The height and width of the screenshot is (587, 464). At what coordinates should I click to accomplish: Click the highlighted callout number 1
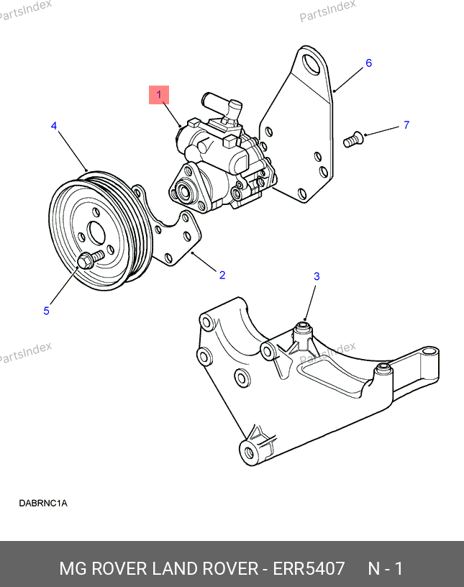[x=159, y=95]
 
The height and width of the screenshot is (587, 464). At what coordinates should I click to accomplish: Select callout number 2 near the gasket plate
[x=222, y=275]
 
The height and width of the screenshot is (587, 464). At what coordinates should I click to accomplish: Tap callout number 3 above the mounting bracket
[x=317, y=276]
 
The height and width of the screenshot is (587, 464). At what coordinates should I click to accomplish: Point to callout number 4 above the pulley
[x=54, y=126]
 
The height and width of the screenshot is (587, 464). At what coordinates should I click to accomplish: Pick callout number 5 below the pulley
[x=47, y=311]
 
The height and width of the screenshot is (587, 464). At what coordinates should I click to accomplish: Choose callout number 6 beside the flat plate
[x=368, y=63]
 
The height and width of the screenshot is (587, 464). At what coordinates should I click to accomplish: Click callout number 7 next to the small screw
[x=406, y=125]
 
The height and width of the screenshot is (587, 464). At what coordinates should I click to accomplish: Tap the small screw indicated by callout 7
[x=352, y=138]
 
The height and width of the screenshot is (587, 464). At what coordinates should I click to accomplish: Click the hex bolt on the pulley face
[x=86, y=260]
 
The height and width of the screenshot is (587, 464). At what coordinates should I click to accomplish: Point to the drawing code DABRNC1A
[x=43, y=503]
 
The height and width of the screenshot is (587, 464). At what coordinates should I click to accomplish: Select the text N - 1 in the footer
[x=386, y=568]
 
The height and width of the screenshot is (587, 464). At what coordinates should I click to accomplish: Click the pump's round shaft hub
[x=181, y=192]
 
